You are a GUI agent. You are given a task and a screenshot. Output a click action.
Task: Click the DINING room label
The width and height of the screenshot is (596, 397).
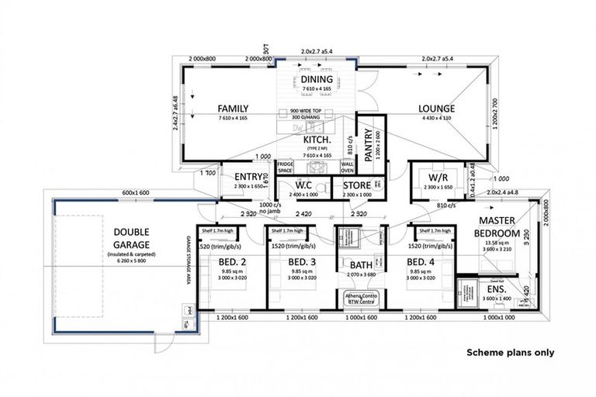(x=317, y=80)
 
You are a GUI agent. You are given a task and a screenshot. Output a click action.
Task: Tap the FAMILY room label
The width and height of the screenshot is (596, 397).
(x=233, y=109)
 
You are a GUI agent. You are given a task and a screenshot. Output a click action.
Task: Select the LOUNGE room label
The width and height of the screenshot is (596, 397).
(x=437, y=109)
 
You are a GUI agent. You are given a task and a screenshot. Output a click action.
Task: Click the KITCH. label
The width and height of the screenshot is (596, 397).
(x=318, y=140)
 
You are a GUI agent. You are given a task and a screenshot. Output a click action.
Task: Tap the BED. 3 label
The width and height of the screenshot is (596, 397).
(x=284, y=261)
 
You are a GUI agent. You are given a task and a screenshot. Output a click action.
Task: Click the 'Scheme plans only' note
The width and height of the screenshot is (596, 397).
(x=510, y=352)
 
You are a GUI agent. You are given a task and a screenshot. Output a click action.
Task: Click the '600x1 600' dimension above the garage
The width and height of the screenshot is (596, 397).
(x=135, y=192)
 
